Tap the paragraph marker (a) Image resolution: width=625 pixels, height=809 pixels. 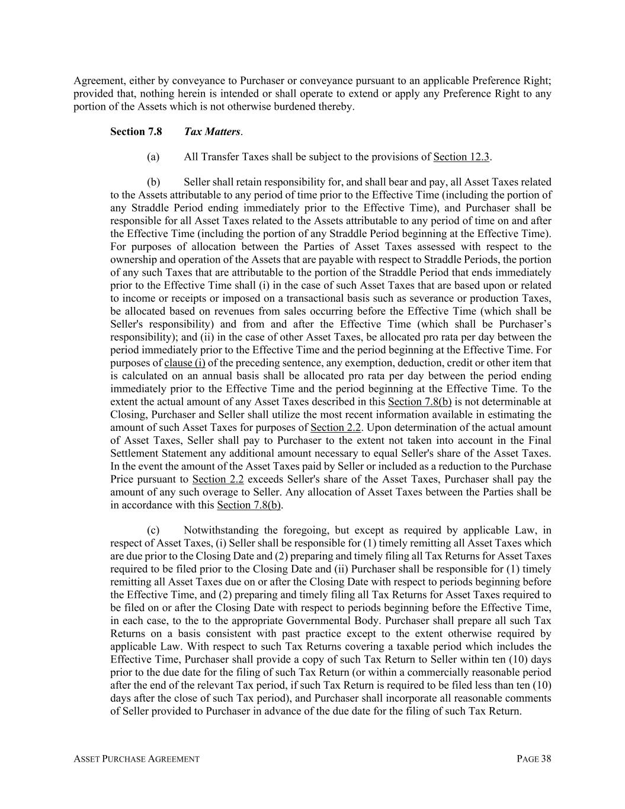click(x=153, y=157)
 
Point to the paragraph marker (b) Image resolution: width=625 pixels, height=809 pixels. click(x=153, y=183)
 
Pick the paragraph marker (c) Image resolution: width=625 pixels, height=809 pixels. click(x=153, y=530)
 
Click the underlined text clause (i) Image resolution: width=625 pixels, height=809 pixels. click(x=185, y=363)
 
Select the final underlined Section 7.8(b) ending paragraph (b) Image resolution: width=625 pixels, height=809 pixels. click(x=249, y=505)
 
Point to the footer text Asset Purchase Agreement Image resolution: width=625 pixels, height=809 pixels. click(x=136, y=759)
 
